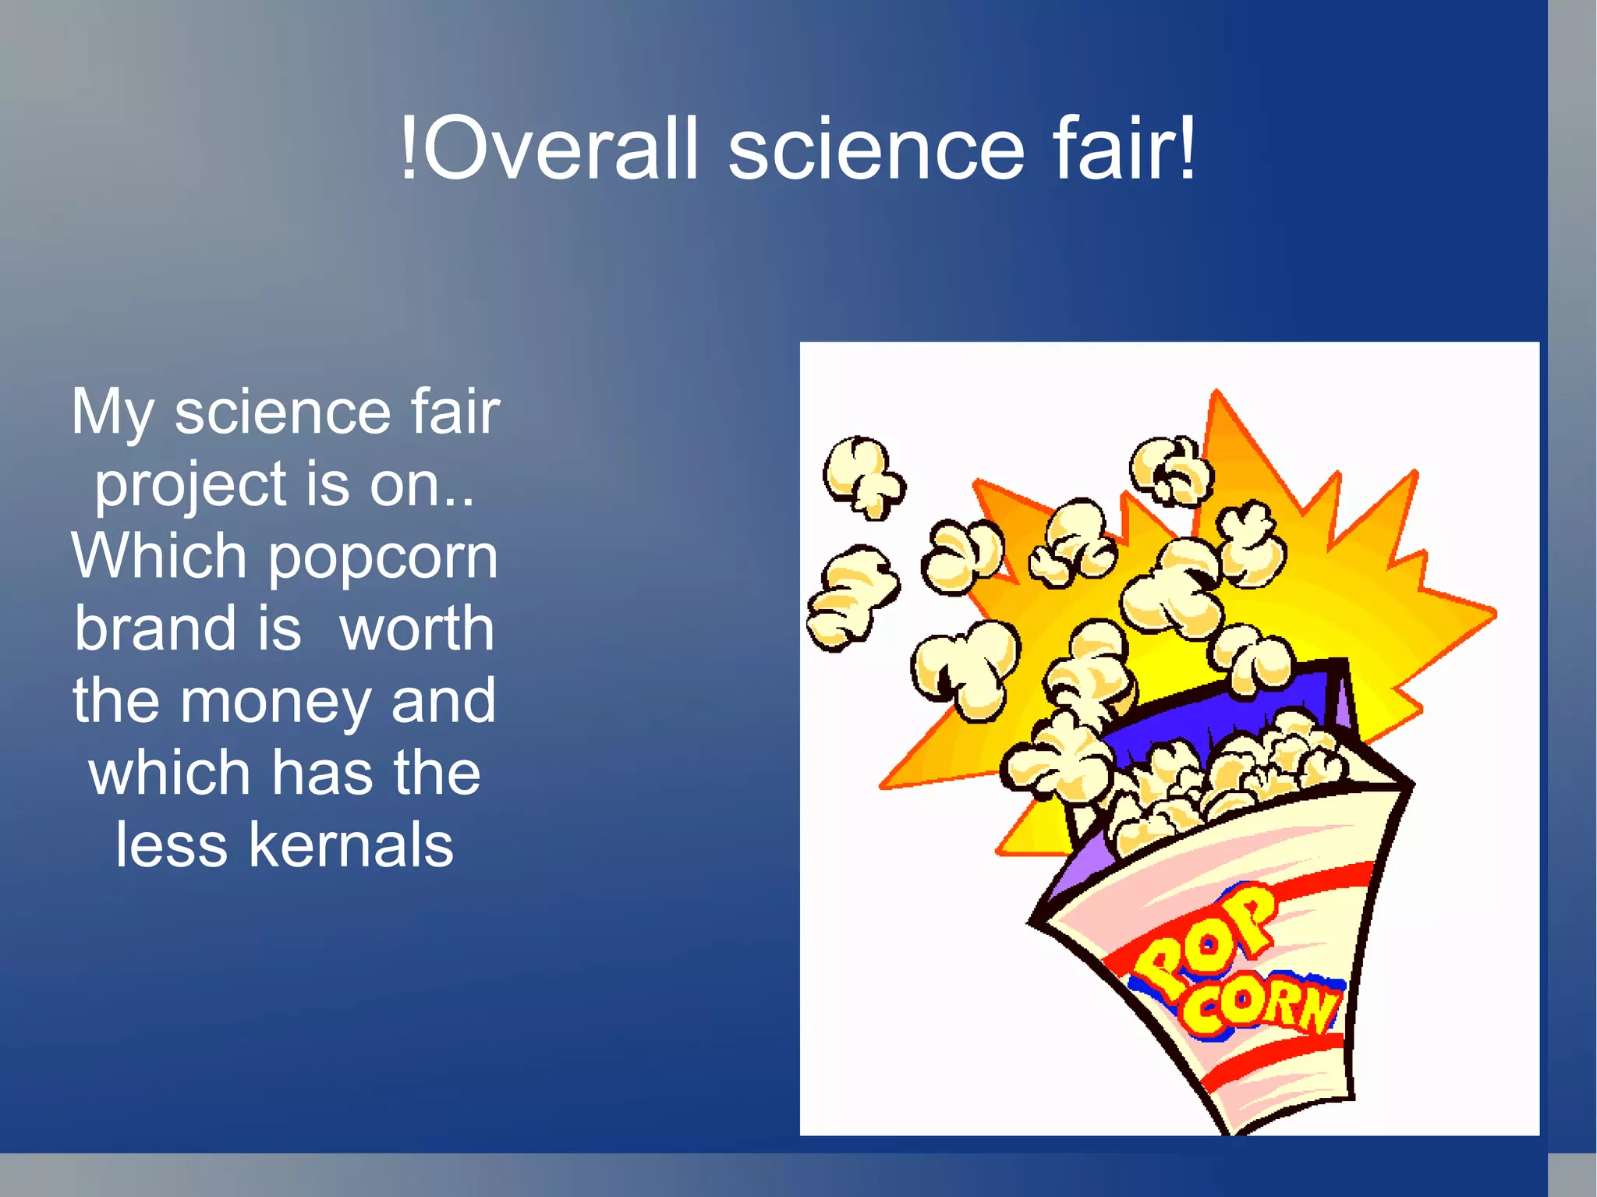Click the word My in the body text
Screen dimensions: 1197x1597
112,413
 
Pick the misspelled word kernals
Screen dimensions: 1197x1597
351,845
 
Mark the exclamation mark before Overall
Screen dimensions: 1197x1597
408,148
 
